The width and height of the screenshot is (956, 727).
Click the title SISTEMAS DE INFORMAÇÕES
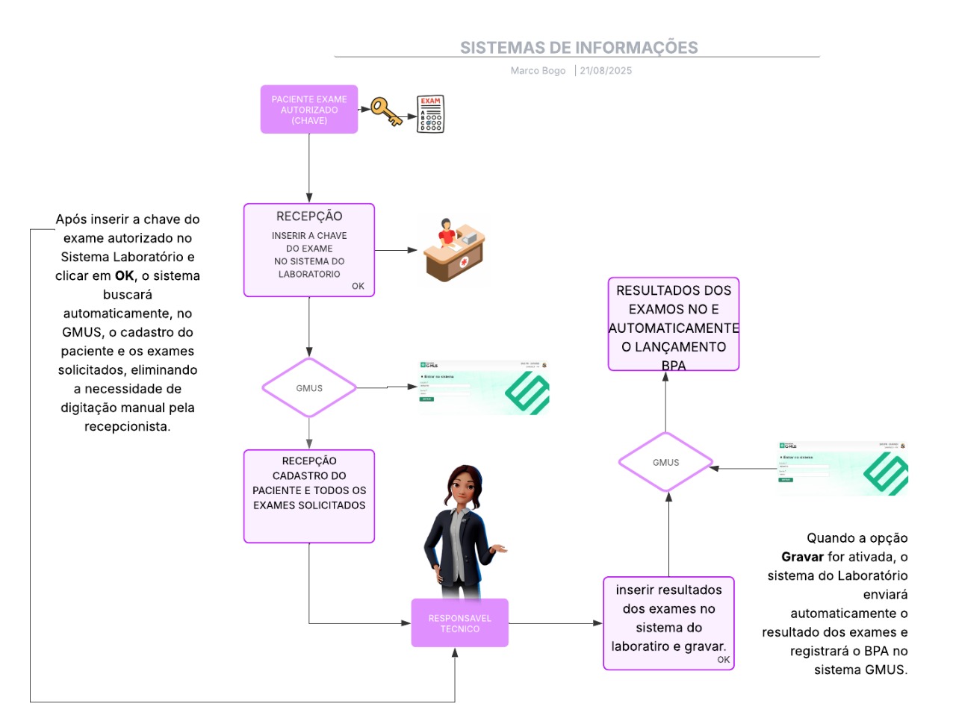pos(578,48)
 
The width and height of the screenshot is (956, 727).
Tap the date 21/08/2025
pos(606,71)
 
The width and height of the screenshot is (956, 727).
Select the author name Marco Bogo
pos(538,71)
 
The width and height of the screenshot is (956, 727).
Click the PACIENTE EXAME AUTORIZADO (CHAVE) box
pos(309,110)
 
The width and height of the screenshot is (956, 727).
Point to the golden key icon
pos(386,112)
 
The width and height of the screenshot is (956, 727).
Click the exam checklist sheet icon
pos(430,114)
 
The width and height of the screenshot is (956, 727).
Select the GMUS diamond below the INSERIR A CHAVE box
pos(309,388)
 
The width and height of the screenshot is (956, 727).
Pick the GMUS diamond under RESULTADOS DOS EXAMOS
pos(665,462)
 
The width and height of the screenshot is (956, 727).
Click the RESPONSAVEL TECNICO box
pos(459,623)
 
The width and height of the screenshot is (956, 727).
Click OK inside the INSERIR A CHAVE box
pos(358,286)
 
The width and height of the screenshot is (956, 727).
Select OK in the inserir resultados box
pos(724,660)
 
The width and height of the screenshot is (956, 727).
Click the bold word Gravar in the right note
pos(802,557)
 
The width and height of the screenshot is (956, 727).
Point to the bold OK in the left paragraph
pos(125,275)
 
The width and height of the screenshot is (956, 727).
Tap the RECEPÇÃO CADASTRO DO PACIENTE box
pos(309,496)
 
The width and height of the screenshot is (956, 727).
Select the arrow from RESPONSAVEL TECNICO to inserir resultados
pos(556,623)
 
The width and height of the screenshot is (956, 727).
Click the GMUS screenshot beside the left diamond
pos(484,388)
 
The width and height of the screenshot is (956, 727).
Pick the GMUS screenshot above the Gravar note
pos(843,469)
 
